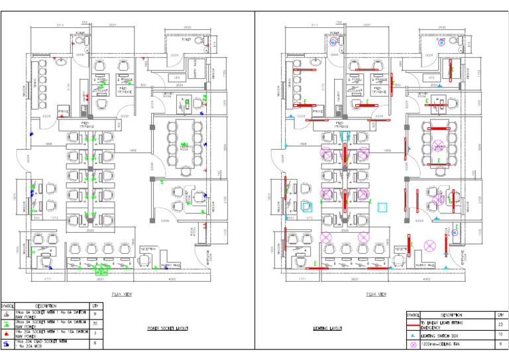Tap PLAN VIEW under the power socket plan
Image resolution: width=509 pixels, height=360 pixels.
(x=123, y=292)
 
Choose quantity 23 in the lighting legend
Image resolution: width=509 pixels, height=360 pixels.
(x=499, y=324)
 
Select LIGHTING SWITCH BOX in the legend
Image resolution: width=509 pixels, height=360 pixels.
(x=441, y=335)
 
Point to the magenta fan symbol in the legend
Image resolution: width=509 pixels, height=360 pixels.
(x=412, y=345)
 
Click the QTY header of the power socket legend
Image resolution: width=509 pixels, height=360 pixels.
(x=95, y=306)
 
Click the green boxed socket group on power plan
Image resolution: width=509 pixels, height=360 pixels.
(x=102, y=269)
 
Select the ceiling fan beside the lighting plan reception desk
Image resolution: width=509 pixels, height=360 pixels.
(x=429, y=245)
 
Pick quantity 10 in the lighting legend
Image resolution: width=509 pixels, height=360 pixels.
(x=499, y=335)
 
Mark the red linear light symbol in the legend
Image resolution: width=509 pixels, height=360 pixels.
(x=412, y=324)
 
